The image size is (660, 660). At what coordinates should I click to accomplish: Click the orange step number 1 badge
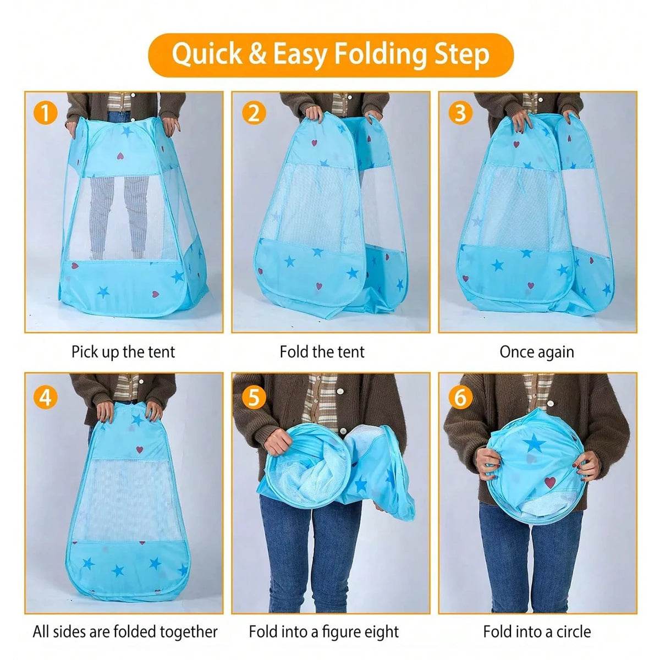[x=46, y=113]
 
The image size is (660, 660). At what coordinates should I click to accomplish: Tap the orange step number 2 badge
[x=254, y=113]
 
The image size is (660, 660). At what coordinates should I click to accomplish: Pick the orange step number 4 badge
[x=46, y=396]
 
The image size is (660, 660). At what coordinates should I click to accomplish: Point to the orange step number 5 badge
[x=254, y=396]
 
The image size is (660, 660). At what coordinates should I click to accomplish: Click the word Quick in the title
[x=206, y=54]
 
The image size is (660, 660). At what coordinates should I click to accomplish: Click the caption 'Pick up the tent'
[x=123, y=352]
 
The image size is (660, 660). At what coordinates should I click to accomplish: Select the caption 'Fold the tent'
[x=322, y=352]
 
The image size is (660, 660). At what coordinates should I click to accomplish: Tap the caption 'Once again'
[x=537, y=352]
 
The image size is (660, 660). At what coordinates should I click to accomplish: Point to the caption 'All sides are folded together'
[x=125, y=631]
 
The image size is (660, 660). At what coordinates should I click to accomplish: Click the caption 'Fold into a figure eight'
[x=324, y=631]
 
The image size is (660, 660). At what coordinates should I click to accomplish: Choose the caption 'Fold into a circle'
[x=537, y=631]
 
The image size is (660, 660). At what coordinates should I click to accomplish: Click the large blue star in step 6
[x=534, y=443]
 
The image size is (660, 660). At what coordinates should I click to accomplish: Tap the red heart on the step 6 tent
[x=550, y=482]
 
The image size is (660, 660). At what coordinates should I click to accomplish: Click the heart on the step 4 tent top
[x=140, y=449]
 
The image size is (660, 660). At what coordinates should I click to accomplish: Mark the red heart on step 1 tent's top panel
[x=120, y=156]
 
